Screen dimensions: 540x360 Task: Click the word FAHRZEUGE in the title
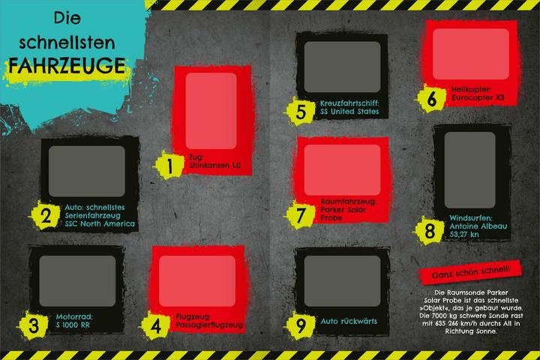click(x=67, y=65)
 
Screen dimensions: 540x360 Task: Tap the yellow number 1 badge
click(x=169, y=165)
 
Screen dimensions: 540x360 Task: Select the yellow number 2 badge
click(x=45, y=216)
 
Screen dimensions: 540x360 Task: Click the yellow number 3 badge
click(x=34, y=325)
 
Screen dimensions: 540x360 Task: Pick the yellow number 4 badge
click(x=156, y=325)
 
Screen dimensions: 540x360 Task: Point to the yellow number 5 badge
click(x=301, y=112)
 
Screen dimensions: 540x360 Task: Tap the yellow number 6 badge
click(x=431, y=98)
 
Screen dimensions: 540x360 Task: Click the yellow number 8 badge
click(x=430, y=231)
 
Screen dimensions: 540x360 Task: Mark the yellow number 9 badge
click(x=301, y=325)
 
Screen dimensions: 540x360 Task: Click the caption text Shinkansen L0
click(x=215, y=165)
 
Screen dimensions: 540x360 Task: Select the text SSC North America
click(x=100, y=224)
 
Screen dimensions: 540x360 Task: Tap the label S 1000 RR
click(x=73, y=325)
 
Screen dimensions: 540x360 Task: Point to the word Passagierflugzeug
click(x=209, y=325)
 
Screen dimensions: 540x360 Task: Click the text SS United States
click(x=349, y=112)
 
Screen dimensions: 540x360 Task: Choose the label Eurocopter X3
click(x=478, y=97)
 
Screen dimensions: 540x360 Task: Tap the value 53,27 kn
click(x=464, y=235)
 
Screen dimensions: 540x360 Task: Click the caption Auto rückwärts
click(x=349, y=322)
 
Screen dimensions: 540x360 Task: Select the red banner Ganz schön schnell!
click(x=471, y=271)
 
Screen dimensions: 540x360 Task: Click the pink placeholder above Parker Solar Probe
click(x=342, y=169)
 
